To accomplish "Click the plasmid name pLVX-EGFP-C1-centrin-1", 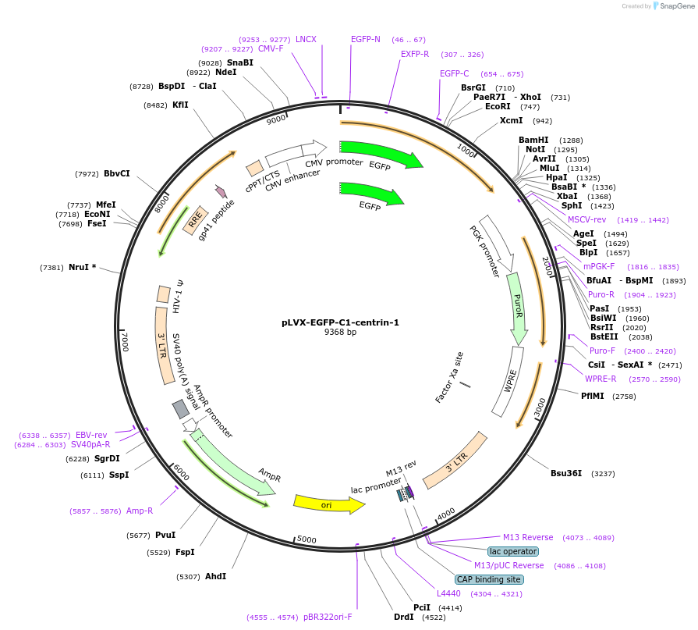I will click(340, 322).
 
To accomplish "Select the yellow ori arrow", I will click(328, 505).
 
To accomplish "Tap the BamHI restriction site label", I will click(533, 140).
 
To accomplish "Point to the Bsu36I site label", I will click(566, 473).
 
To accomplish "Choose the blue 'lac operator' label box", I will click(513, 551).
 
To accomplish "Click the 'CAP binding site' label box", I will click(489, 579).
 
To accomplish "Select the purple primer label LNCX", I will click(306, 39).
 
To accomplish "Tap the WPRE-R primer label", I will click(601, 379).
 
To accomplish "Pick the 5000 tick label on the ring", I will click(306, 539).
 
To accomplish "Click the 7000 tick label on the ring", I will click(126, 341).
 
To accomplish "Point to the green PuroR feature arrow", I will click(518, 308).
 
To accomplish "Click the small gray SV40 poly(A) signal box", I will click(181, 408).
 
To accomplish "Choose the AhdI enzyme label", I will click(215, 576).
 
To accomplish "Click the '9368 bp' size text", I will click(340, 332).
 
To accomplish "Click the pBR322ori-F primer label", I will click(328, 617).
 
